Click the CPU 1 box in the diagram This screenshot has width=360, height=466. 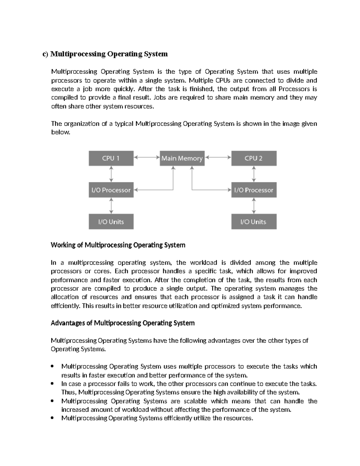pyautogui.click(x=111, y=158)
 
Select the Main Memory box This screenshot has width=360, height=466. pyautogui.click(x=182, y=158)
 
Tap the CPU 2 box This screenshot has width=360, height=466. pyautogui.click(x=254, y=158)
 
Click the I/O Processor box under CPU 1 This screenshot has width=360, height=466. pyautogui.click(x=111, y=190)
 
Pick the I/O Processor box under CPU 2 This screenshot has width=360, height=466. pyautogui.click(x=254, y=190)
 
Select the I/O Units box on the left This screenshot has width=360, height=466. pyautogui.click(x=111, y=222)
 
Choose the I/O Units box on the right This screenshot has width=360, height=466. pyautogui.click(x=254, y=222)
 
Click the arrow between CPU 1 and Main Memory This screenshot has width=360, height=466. pyautogui.click(x=147, y=157)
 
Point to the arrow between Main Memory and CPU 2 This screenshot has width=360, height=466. pyautogui.click(x=218, y=157)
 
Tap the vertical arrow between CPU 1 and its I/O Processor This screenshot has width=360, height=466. pyautogui.click(x=111, y=174)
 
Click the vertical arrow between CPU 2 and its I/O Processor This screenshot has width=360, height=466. pyautogui.click(x=254, y=174)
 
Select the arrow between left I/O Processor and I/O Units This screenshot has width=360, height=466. pyautogui.click(x=111, y=206)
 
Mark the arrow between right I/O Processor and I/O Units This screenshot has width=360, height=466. pyautogui.click(x=254, y=206)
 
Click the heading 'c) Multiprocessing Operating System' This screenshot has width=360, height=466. pyautogui.click(x=105, y=54)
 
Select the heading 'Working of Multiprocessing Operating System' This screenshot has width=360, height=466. pyautogui.click(x=118, y=245)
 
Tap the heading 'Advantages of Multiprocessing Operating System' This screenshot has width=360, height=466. pyautogui.click(x=123, y=323)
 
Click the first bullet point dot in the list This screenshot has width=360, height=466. pyautogui.click(x=52, y=366)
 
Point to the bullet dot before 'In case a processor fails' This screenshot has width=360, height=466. pyautogui.click(x=52, y=384)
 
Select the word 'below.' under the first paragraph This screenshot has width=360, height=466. pyautogui.click(x=60, y=132)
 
